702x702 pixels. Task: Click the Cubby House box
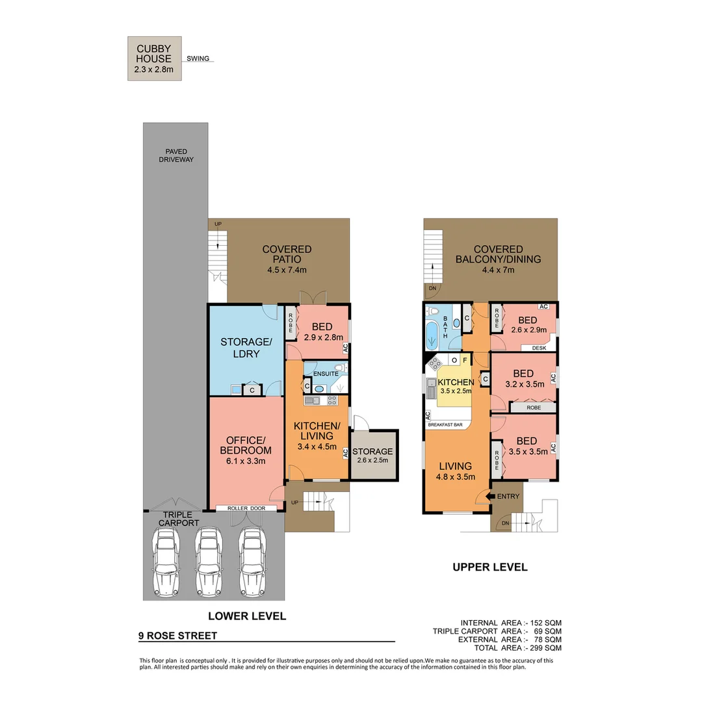pyautogui.click(x=154, y=58)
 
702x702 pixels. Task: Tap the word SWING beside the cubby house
pyautogui.click(x=198, y=58)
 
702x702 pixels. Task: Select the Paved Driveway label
pyautogui.click(x=175, y=155)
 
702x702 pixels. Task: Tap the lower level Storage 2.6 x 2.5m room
pyautogui.click(x=373, y=455)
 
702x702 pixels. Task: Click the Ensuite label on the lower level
pyautogui.click(x=325, y=374)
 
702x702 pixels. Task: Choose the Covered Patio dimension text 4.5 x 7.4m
pyautogui.click(x=287, y=270)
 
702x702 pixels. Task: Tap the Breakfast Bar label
pyautogui.click(x=445, y=424)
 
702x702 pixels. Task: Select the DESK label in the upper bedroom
pyautogui.click(x=539, y=348)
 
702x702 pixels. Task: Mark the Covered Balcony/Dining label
pyautogui.click(x=499, y=255)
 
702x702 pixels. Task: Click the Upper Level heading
pyautogui.click(x=489, y=567)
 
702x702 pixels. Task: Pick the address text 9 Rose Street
pyautogui.click(x=177, y=636)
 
